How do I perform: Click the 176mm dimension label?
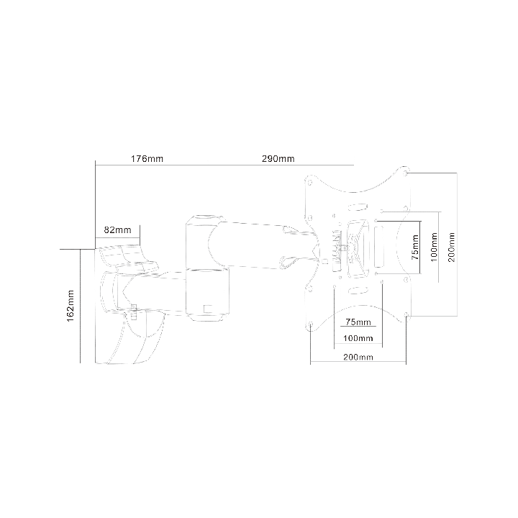tap(147, 159)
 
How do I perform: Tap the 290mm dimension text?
tap(278, 159)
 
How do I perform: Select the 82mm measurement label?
tap(117, 230)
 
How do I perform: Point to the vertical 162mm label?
tap(71, 306)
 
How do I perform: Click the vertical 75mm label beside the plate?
tap(416, 247)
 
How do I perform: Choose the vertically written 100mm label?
tap(434, 247)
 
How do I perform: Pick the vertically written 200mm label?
tap(452, 247)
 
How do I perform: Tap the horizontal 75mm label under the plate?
tap(358, 322)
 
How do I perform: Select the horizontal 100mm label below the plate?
tap(358, 338)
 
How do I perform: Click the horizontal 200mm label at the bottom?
tap(358, 357)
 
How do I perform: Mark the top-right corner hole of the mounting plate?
tap(406, 172)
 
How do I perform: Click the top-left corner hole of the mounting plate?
tap(309, 181)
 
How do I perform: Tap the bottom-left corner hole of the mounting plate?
tap(311, 324)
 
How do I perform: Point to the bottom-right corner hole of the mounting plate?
tap(406, 315)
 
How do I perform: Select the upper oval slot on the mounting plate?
tap(358, 207)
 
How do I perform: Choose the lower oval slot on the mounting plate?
tap(358, 290)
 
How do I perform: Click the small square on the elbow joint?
tap(208, 309)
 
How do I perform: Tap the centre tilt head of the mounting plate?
tap(357, 247)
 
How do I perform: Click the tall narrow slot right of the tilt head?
tap(380, 247)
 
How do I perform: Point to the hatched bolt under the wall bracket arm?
tap(134, 312)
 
